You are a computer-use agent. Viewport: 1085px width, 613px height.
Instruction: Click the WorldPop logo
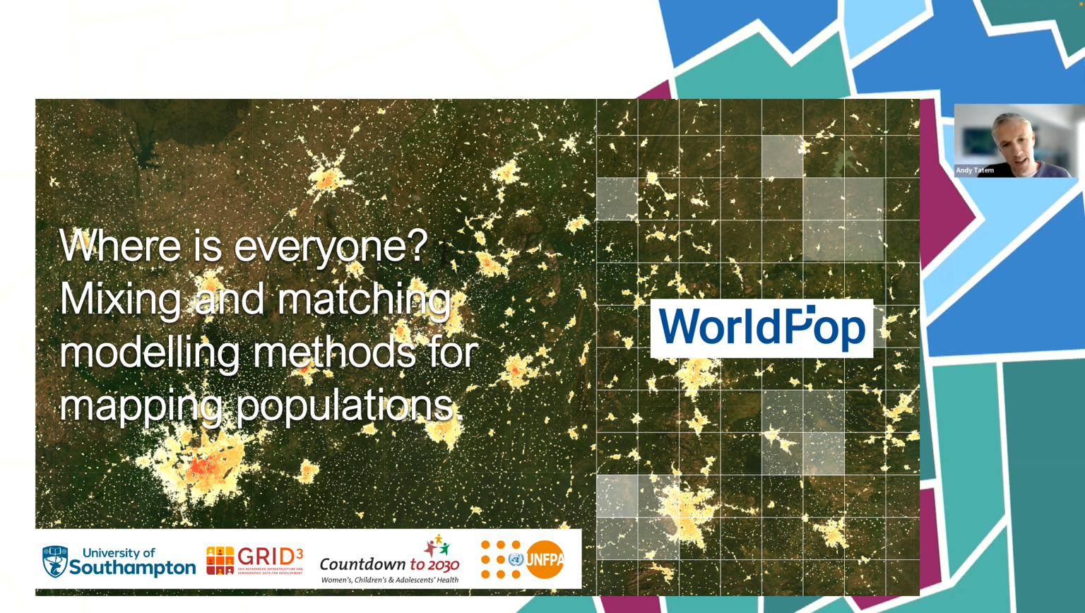[761, 328]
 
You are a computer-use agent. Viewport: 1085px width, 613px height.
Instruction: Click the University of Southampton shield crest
[55, 561]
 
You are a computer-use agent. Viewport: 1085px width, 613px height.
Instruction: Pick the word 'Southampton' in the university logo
[132, 568]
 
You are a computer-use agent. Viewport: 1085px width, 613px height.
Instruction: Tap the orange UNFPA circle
[545, 559]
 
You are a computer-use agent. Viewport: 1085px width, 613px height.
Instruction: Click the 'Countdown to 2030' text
[389, 564]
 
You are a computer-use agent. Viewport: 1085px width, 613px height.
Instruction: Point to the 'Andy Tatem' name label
[975, 170]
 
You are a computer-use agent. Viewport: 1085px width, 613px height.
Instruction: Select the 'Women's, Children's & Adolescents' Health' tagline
[389, 580]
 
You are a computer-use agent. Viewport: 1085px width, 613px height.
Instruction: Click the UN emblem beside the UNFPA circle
[516, 560]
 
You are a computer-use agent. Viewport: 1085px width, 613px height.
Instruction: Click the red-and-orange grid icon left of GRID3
[220, 561]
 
